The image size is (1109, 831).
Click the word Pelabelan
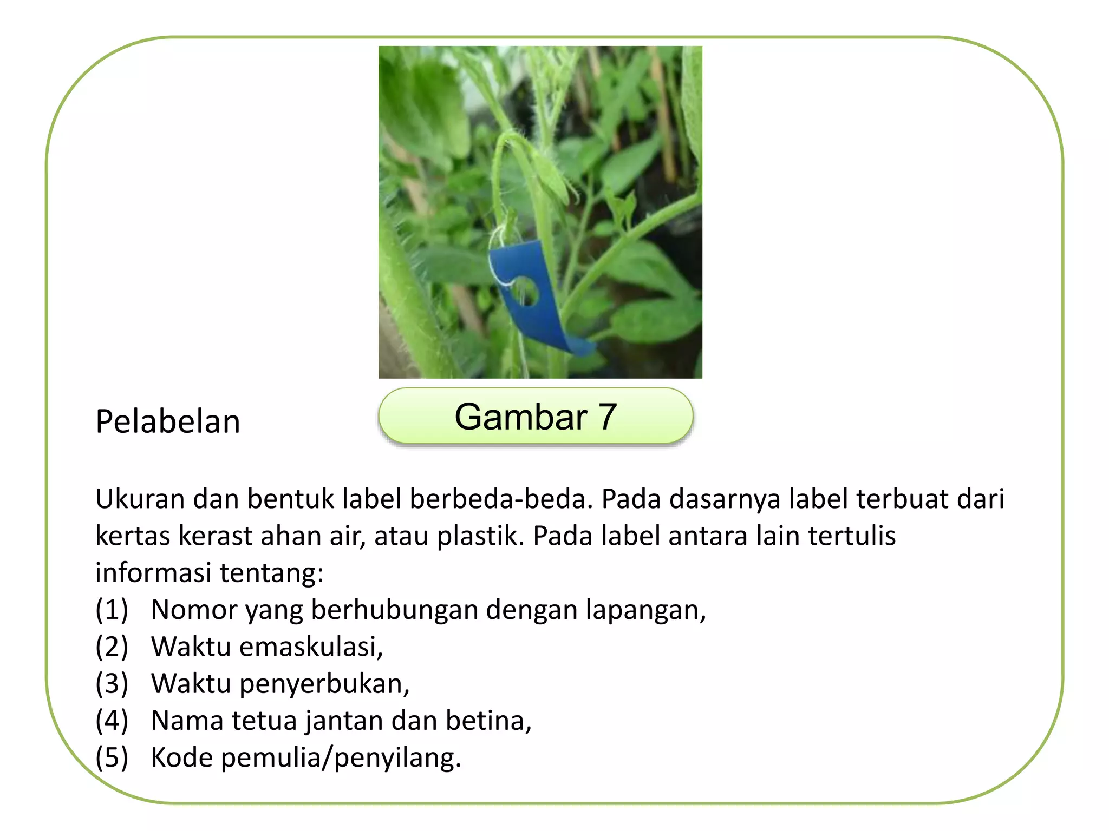(x=168, y=422)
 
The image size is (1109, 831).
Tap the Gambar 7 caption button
(x=536, y=417)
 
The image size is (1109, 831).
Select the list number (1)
(x=112, y=610)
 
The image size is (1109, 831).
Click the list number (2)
(x=112, y=647)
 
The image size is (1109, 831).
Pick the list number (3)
(x=112, y=684)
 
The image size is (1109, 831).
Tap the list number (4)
(x=112, y=721)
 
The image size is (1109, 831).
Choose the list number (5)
(x=112, y=757)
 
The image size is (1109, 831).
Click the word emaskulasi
(x=311, y=647)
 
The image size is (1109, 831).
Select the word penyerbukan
(x=324, y=684)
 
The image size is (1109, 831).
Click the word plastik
(x=480, y=536)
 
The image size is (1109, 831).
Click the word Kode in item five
(x=182, y=757)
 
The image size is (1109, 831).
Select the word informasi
(x=153, y=572)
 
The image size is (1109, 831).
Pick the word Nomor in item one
(x=194, y=610)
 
